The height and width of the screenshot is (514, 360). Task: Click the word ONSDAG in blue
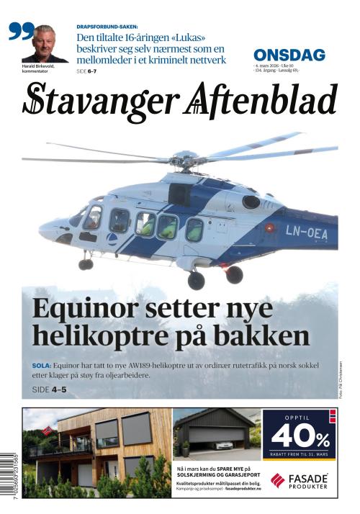289,55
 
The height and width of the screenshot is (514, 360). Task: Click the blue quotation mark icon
21,32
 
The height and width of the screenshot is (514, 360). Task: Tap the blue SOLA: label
42,365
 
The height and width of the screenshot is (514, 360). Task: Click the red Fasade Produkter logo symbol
278,480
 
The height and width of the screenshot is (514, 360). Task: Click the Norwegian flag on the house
48,430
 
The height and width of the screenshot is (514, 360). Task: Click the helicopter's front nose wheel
86,263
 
